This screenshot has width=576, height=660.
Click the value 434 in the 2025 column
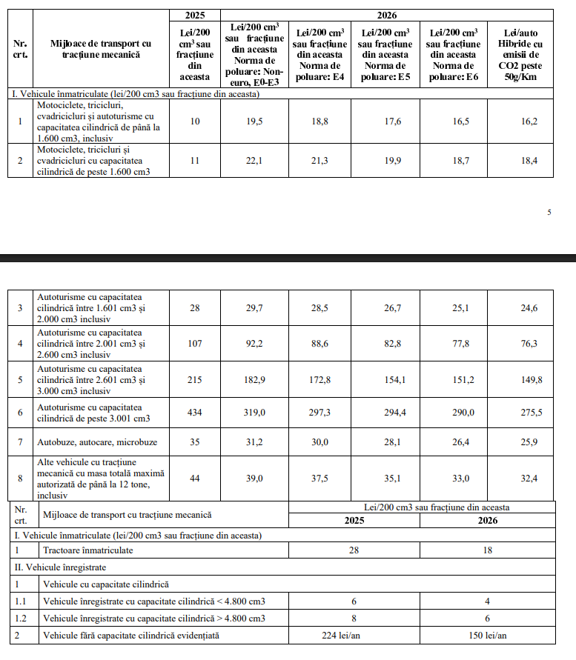click(195, 413)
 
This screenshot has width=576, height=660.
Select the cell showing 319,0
click(254, 413)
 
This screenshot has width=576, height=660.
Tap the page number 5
click(549, 213)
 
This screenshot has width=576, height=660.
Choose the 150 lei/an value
click(488, 635)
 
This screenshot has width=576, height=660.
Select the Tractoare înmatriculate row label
click(80, 551)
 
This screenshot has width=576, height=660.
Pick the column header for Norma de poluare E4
click(320, 54)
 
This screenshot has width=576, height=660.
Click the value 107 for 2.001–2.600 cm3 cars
click(195, 344)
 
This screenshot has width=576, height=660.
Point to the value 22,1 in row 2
click(254, 161)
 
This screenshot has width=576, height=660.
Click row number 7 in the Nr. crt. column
click(21, 442)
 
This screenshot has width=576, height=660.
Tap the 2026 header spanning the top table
click(386, 14)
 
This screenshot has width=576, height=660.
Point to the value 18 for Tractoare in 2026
click(488, 551)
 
